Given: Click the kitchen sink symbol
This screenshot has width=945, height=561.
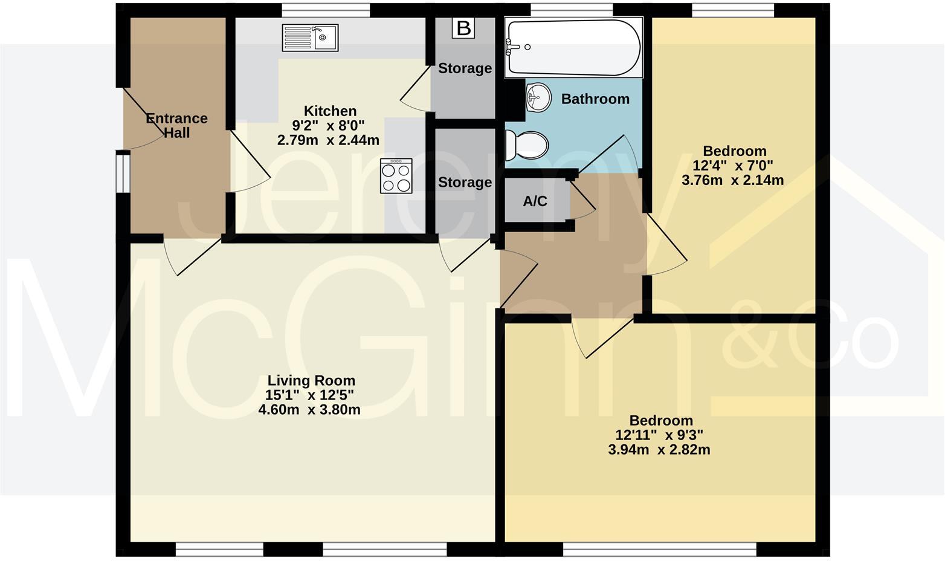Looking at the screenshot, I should tap(310, 37).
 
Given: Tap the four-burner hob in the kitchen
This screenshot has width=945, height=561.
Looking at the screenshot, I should tap(396, 176).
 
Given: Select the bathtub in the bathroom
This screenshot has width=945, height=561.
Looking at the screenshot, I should tap(573, 48).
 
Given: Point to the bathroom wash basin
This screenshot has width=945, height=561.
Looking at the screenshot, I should tap(538, 97).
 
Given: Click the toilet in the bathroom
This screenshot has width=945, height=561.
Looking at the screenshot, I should tap(526, 146).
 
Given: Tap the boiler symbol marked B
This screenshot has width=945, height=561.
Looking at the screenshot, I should tap(463, 28).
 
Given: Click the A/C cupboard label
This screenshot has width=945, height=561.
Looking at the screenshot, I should tap(535, 201).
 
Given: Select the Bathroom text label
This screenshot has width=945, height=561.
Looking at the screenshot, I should tap(595, 99).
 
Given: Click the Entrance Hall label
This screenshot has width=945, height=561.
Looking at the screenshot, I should tap(176, 126).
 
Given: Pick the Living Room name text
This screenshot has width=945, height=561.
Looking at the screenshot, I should tap(311, 381).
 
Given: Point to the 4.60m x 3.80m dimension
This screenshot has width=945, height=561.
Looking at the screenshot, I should tap(309, 410).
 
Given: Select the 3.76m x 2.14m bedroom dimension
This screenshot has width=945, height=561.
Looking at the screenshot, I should tap(732, 180).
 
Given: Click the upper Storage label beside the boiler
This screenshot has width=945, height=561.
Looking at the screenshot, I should tap(465, 68).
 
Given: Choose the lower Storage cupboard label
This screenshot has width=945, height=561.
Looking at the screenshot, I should tap(465, 183).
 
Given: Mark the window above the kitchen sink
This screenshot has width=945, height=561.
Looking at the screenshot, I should tap(326, 10).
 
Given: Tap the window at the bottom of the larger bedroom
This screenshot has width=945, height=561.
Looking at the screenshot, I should tap(659, 549).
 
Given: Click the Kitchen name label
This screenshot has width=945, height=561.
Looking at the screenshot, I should tap(330, 111).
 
